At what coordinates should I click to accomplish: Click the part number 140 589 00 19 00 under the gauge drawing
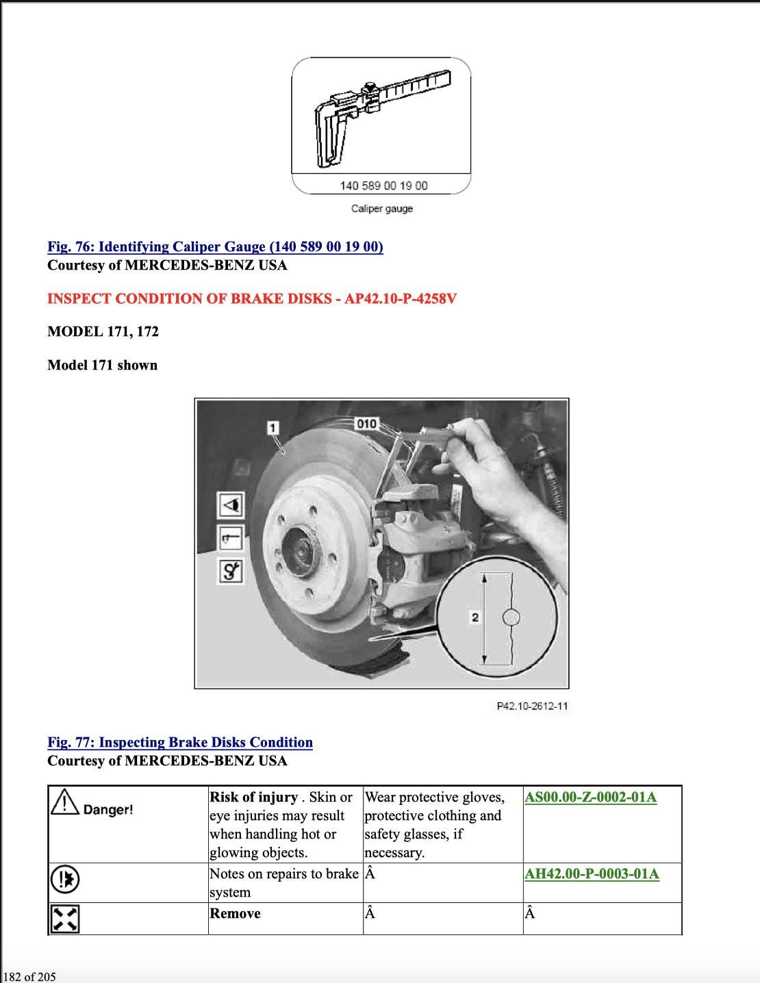tap(383, 186)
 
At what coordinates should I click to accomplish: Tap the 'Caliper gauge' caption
tap(382, 208)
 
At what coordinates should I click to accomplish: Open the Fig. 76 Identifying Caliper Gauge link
tap(215, 246)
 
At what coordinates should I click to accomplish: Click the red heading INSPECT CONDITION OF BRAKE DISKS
tap(251, 298)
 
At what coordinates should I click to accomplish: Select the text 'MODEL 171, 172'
tap(103, 331)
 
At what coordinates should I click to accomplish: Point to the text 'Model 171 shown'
tap(102, 365)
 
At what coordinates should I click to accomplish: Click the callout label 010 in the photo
tap(366, 424)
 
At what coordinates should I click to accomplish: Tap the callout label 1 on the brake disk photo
tap(273, 428)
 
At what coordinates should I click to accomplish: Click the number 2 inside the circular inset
tap(474, 617)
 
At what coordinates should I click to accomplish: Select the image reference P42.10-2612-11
tap(532, 706)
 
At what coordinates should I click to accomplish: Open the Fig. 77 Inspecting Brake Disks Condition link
tap(180, 742)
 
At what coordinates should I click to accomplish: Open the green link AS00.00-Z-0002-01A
tap(590, 797)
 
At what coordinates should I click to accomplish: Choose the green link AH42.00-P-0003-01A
tap(592, 873)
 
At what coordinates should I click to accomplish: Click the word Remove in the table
tap(235, 913)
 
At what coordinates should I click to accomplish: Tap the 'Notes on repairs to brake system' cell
tap(283, 882)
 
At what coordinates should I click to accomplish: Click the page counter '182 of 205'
tap(29, 976)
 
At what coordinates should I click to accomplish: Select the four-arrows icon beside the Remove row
tap(64, 918)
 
